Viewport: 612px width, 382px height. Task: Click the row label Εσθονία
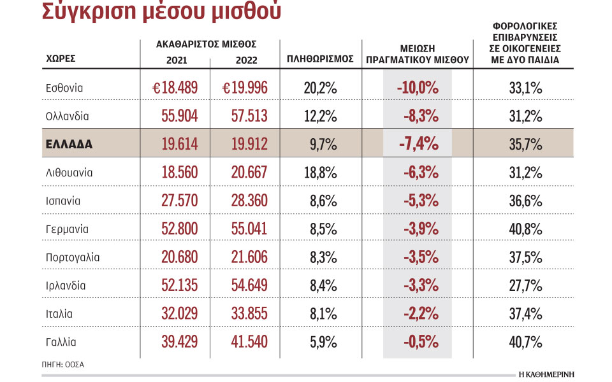pyautogui.click(x=64, y=88)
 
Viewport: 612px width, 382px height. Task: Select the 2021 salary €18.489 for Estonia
pyautogui.click(x=175, y=88)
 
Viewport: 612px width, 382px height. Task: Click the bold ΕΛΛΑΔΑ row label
pyautogui.click(x=69, y=145)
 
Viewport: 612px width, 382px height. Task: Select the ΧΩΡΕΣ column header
pyautogui.click(x=61, y=58)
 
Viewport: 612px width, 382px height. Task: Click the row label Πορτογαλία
pyautogui.click(x=73, y=257)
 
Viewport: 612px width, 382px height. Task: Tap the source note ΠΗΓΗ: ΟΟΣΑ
pyautogui.click(x=63, y=365)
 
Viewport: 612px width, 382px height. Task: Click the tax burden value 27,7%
pyautogui.click(x=525, y=286)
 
